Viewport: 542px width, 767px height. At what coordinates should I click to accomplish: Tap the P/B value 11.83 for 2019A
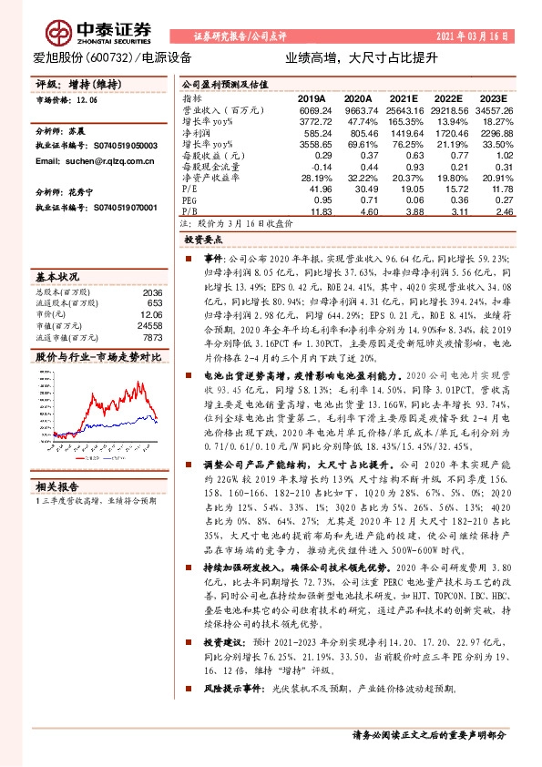click(314, 210)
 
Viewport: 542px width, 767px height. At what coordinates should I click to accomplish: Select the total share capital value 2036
click(151, 292)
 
